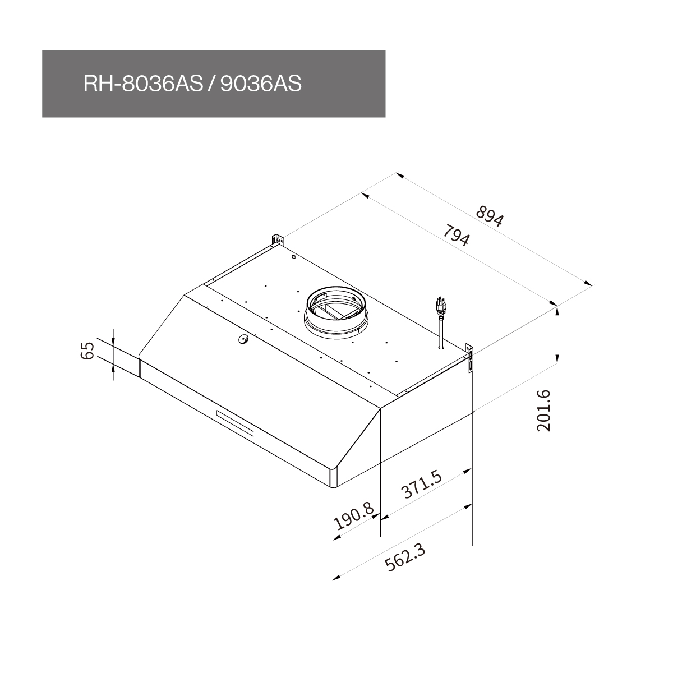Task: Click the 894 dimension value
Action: click(490, 216)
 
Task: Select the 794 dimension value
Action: click(456, 236)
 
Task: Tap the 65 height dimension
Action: click(87, 351)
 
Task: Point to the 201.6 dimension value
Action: click(543, 411)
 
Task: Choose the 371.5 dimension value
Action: click(421, 484)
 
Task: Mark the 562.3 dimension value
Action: click(405, 563)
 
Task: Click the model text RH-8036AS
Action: click(143, 84)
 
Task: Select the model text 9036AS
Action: click(261, 84)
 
